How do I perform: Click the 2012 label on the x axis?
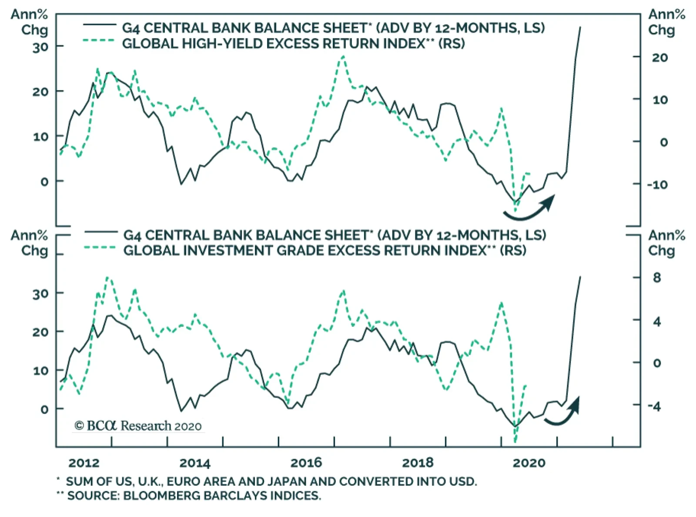coord(84,463)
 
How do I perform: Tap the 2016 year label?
coord(306,463)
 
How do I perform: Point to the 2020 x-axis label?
coord(529,463)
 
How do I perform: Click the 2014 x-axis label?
coord(195,463)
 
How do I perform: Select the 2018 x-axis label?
coord(418,463)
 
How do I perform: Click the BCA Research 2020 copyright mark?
coord(138,426)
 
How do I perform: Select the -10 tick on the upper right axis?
coord(657,185)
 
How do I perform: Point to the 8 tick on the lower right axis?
coord(657,277)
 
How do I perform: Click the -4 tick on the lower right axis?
coord(654,406)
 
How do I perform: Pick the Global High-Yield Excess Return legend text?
coord(293,44)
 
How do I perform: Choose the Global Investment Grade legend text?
coord(325,250)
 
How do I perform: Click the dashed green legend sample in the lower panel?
coord(100,248)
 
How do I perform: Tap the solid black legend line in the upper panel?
coord(100,25)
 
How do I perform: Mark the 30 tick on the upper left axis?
coord(40,47)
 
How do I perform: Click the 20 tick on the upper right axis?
coord(660,57)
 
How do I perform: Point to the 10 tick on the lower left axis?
coord(40,371)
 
